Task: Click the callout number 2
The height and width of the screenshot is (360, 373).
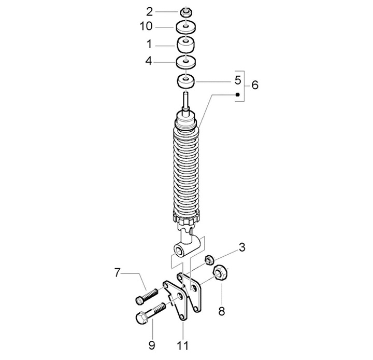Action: pos(149,12)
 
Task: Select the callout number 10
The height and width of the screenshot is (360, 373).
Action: pos(146,26)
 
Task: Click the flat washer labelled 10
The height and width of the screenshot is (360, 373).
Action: pos(186,27)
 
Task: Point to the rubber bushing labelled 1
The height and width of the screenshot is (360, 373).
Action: pos(185,45)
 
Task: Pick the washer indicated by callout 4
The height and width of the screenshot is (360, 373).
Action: pos(186,62)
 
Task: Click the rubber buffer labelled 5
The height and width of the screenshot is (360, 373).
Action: pos(186,82)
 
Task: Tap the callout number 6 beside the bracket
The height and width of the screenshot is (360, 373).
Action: pos(255,85)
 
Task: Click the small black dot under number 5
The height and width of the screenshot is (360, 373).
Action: pos(237,94)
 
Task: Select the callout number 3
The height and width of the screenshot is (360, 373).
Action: pos(242,247)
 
